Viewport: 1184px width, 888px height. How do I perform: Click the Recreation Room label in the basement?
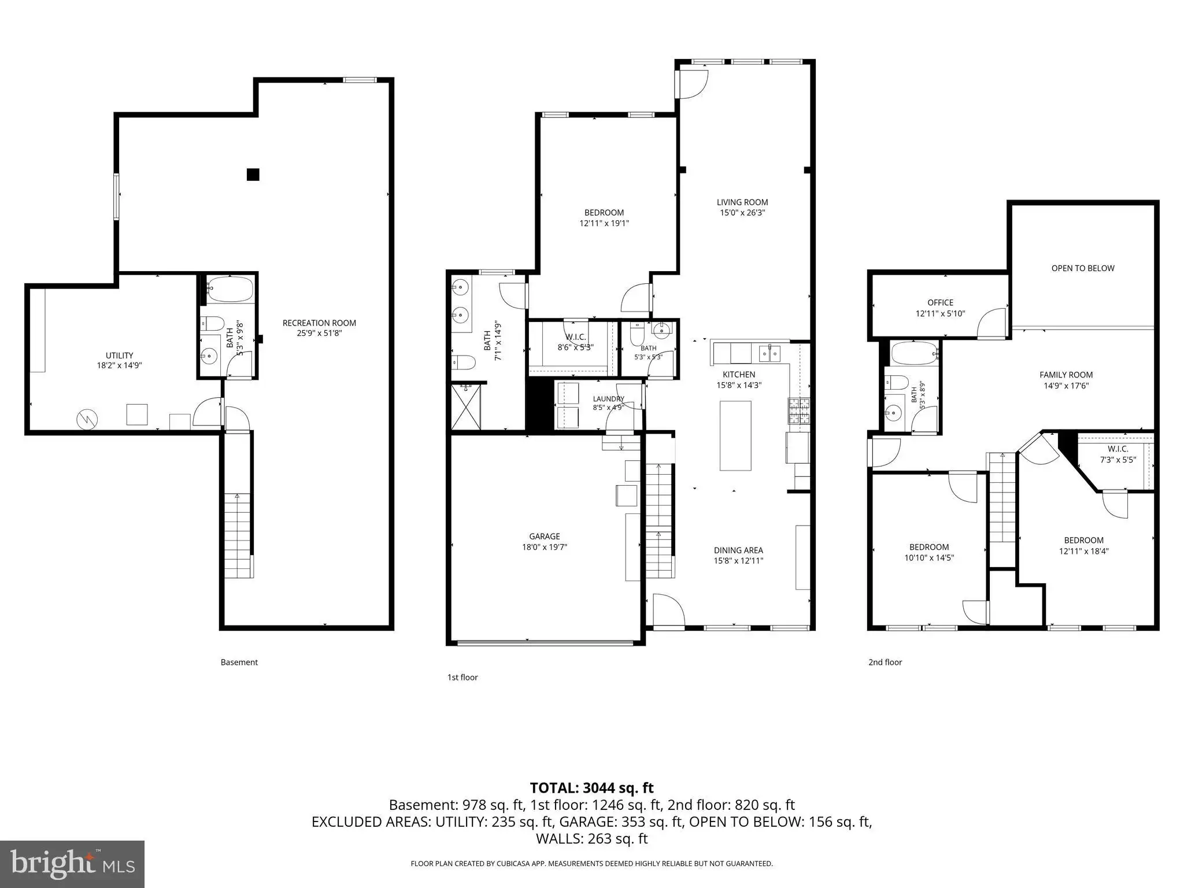click(319, 323)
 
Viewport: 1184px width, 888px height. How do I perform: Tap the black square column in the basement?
click(253, 174)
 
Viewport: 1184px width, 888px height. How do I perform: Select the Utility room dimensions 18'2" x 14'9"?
click(120, 365)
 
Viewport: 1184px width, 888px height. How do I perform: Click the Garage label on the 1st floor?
click(545, 536)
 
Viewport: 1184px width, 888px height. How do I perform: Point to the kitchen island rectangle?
click(735, 436)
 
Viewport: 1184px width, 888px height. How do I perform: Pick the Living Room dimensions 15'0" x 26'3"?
click(742, 213)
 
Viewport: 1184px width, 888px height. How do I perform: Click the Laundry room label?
click(608, 399)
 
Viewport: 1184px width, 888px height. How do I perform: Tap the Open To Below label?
click(1083, 268)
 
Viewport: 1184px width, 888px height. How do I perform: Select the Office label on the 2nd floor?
click(941, 303)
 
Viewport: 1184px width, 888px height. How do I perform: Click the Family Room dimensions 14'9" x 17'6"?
click(1066, 386)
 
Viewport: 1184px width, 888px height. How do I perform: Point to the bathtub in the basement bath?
click(231, 289)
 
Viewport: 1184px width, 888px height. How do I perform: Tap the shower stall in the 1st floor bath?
click(466, 406)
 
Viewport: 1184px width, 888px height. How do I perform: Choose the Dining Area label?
click(738, 550)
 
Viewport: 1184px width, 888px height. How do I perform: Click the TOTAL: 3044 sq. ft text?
click(592, 788)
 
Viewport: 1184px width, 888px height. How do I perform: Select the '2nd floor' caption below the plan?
click(885, 663)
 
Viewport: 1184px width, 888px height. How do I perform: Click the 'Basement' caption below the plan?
click(239, 663)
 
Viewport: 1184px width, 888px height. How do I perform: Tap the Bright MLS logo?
click(72, 864)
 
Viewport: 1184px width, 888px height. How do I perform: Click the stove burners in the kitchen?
click(799, 411)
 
